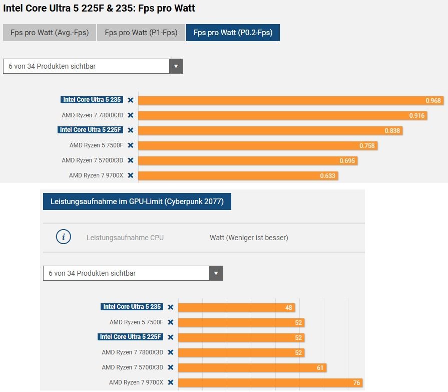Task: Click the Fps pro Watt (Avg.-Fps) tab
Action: (x=49, y=33)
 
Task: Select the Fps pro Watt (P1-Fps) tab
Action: (x=141, y=33)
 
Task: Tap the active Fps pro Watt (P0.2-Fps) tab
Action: (x=233, y=33)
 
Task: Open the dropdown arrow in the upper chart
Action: (x=176, y=66)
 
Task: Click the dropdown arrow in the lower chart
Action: (x=216, y=273)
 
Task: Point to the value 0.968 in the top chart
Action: (x=433, y=101)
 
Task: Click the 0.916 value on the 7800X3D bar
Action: (x=416, y=116)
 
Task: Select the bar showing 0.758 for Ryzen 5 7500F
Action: (x=258, y=146)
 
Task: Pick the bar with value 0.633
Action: (x=238, y=176)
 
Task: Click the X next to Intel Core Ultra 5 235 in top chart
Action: (x=131, y=100)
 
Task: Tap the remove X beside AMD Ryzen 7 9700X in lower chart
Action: (x=171, y=382)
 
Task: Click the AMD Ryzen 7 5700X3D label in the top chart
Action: (x=92, y=160)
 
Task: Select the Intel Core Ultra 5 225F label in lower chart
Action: (x=131, y=337)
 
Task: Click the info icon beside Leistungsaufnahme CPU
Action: (x=64, y=237)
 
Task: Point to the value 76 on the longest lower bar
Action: (x=356, y=383)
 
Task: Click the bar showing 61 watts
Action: (x=252, y=368)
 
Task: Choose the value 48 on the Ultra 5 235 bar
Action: (x=289, y=308)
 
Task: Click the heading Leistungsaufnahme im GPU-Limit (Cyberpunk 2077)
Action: (x=137, y=202)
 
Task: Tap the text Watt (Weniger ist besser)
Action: (x=249, y=238)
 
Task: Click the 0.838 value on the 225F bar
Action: (x=392, y=131)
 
